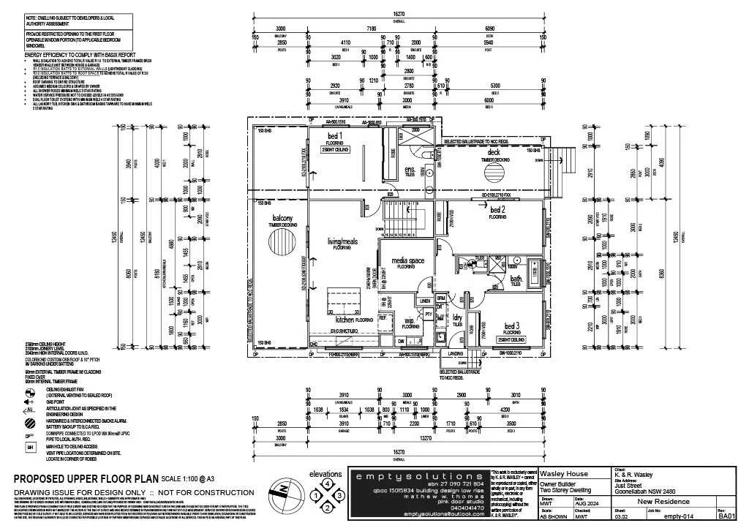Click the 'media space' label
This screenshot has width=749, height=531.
point(408,260)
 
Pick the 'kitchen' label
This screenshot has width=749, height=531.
point(350,319)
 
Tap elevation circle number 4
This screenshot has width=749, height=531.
point(327,483)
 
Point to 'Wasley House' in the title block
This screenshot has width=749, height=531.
point(561,473)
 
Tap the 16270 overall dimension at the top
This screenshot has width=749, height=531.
point(399,13)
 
